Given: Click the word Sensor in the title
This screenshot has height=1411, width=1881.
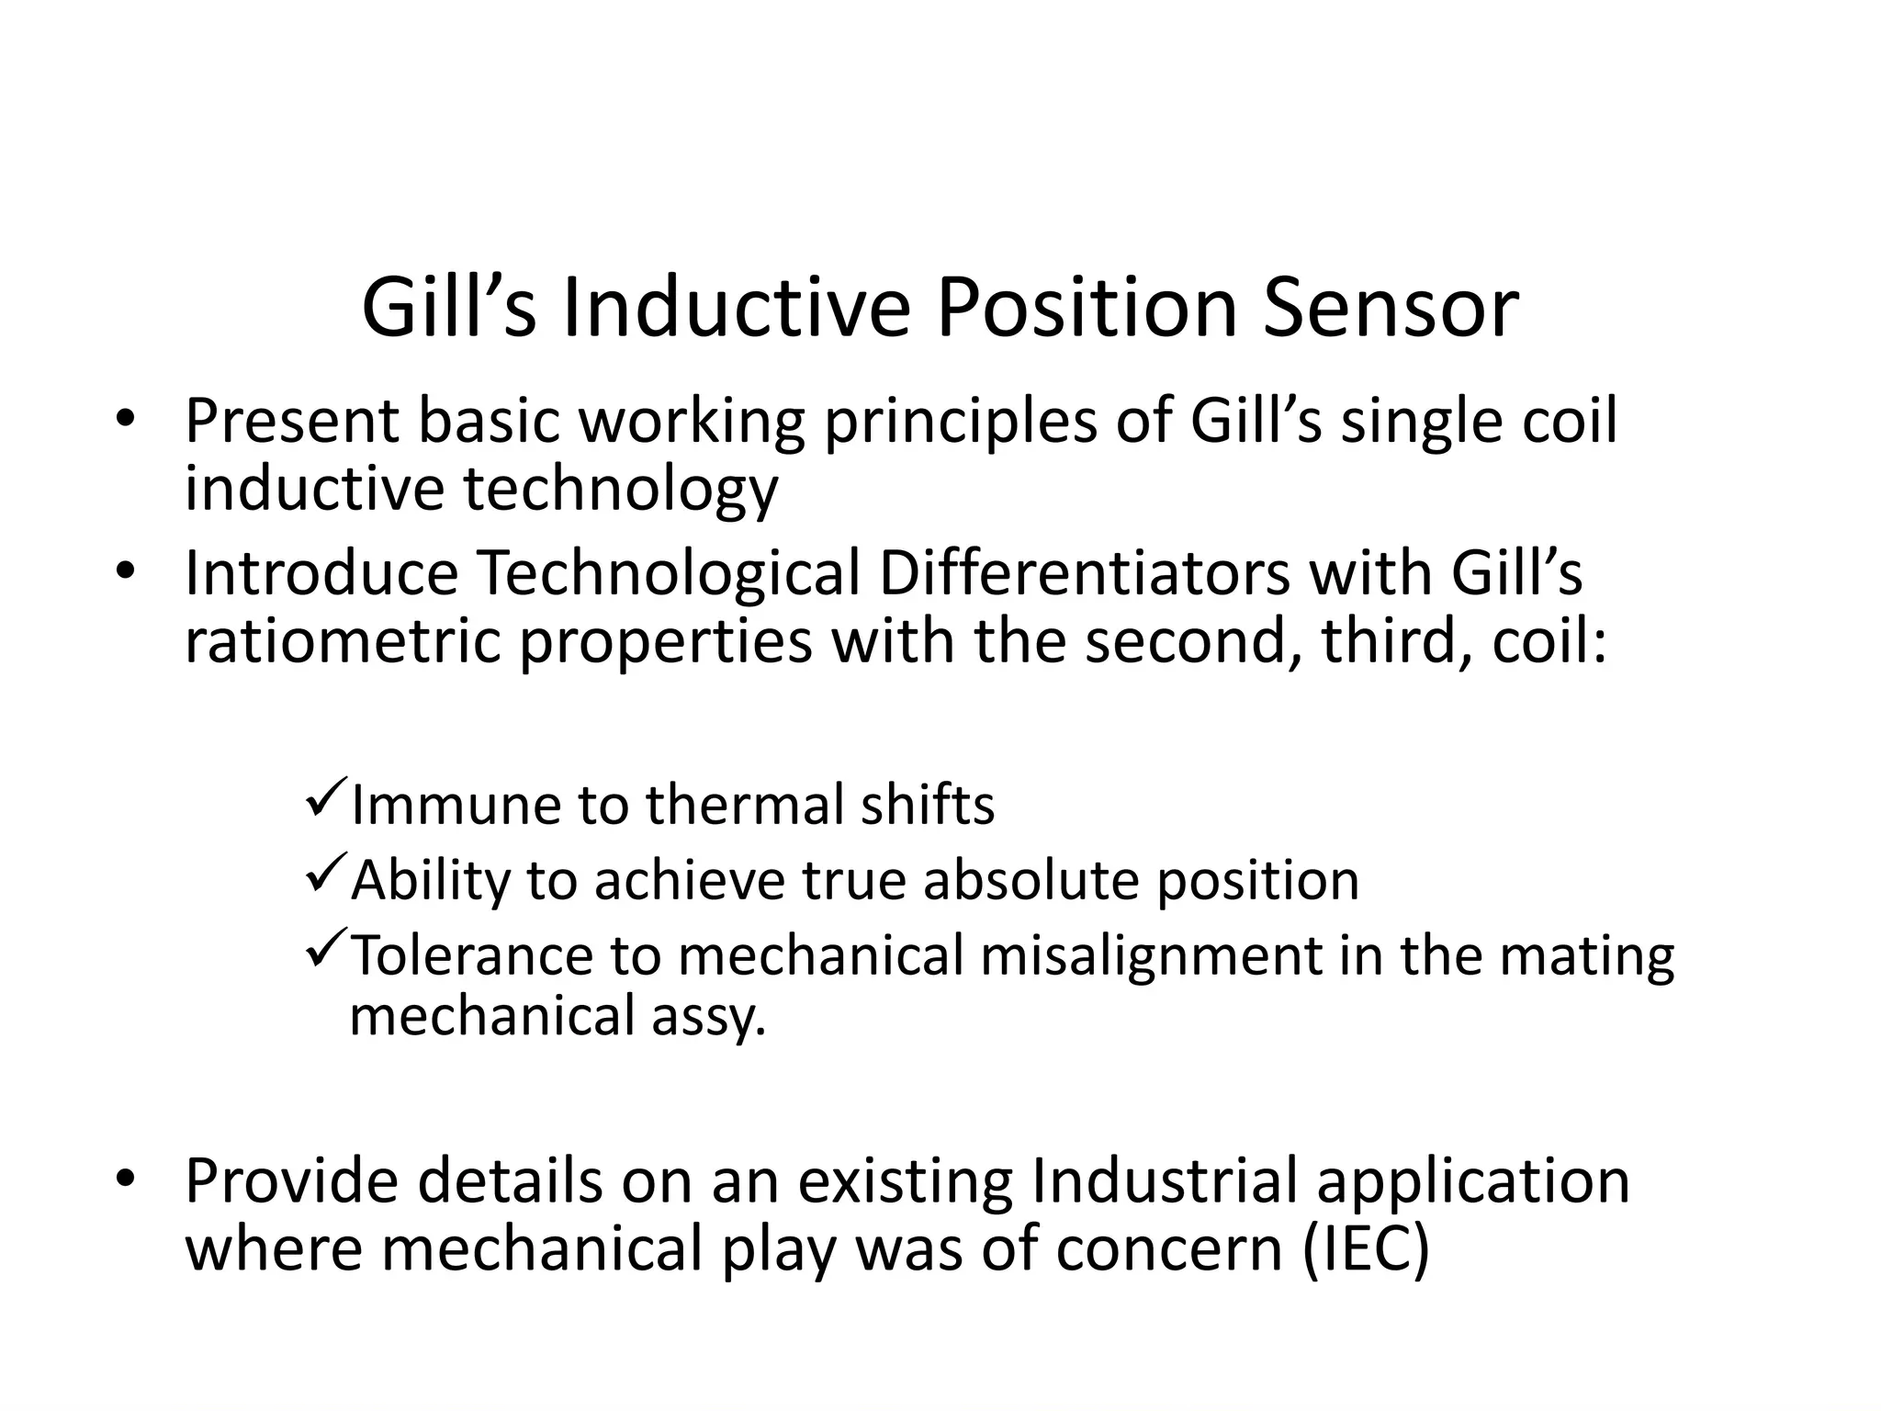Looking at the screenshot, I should tap(1391, 309).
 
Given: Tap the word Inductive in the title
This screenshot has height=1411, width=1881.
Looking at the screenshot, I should tap(736, 309).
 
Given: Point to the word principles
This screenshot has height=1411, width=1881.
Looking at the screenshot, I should tap(960, 423).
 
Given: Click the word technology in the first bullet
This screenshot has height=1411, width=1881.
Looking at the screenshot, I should tap(620, 490).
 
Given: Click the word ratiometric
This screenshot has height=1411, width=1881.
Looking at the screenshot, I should tap(343, 641).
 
